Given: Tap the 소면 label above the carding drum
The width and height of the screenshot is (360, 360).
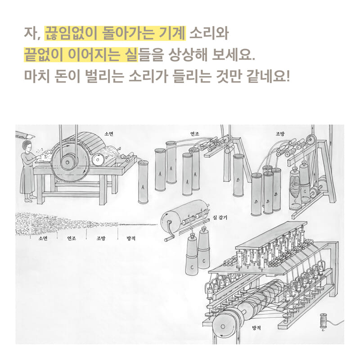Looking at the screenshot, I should click(x=108, y=134).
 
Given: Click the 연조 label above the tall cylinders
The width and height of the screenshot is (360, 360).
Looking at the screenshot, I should click(x=195, y=134).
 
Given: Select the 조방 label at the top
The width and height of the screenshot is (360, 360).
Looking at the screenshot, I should click(x=280, y=134).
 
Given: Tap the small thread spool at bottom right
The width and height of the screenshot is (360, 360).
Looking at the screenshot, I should click(x=323, y=321).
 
